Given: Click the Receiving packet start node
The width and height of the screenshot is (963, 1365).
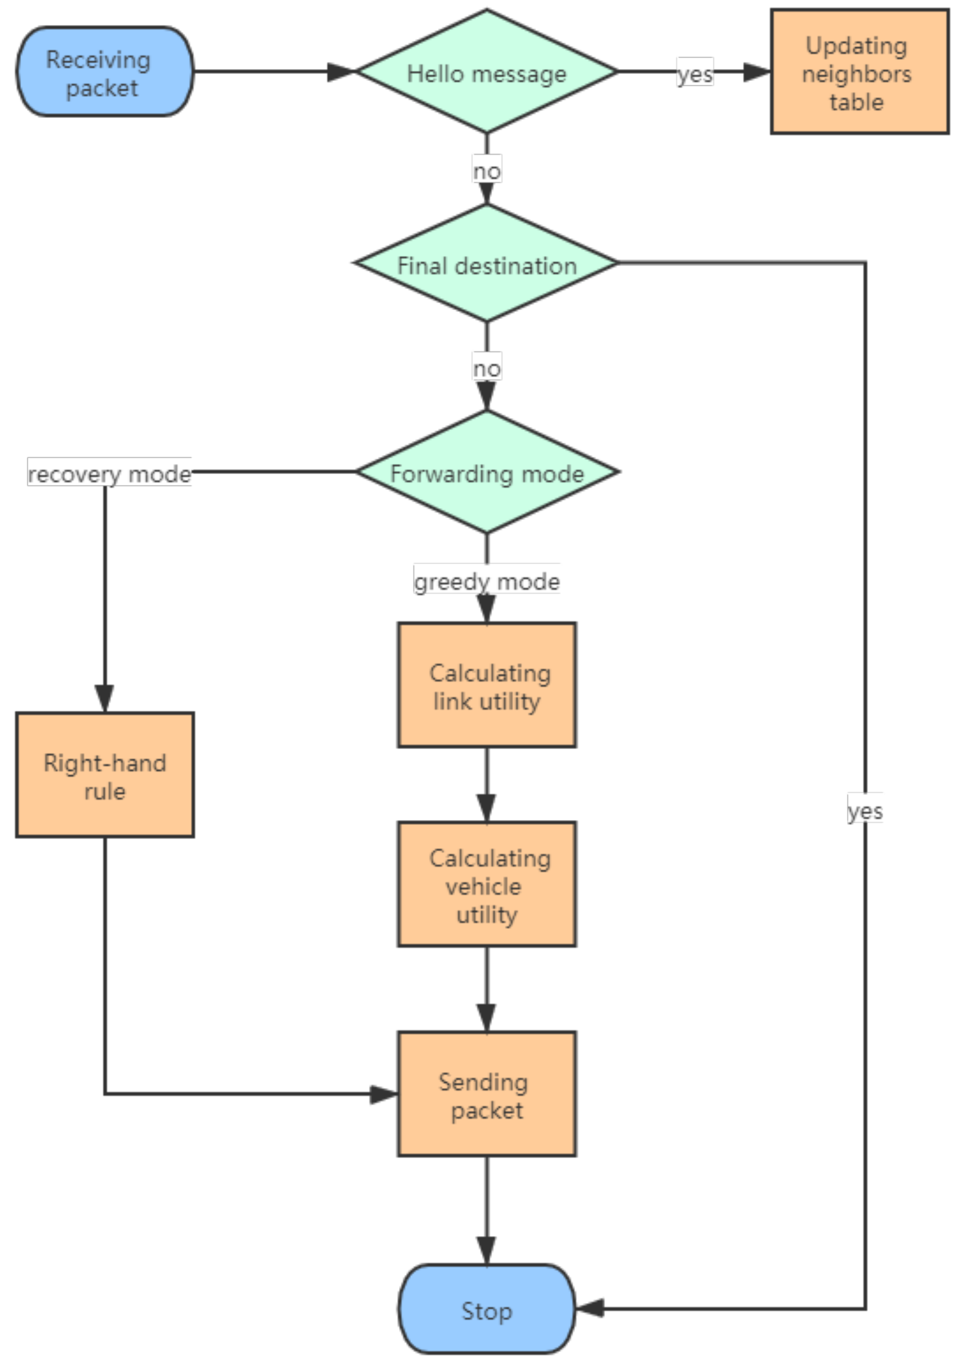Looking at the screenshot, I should [105, 71].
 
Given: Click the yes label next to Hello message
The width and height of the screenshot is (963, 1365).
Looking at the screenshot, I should [695, 73].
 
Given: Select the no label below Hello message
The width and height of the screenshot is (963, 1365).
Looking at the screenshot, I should [487, 171].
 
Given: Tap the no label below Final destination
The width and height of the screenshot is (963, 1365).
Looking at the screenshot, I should [487, 368].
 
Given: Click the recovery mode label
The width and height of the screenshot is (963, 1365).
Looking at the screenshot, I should [109, 473].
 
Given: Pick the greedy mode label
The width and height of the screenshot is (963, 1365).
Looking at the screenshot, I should [487, 580].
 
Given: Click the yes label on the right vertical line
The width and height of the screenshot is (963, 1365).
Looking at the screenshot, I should [864, 810].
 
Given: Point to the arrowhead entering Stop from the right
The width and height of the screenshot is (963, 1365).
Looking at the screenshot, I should [590, 1308].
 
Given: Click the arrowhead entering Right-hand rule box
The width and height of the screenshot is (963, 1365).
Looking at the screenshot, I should [105, 698].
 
